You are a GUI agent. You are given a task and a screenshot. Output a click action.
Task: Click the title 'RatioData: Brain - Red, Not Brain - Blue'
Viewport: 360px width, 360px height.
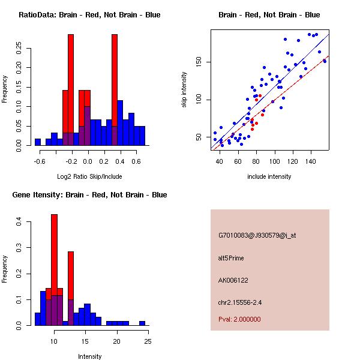point(89,14)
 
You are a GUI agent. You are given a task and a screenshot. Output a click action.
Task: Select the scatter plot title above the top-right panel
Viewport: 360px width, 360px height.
point(269,14)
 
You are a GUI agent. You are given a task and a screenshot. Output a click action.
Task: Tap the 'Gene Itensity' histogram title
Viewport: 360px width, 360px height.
point(89,194)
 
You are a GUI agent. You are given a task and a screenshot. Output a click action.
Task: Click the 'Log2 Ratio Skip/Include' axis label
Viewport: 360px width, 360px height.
point(89,176)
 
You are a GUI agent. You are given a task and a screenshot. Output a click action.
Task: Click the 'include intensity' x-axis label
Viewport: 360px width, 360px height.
point(269,176)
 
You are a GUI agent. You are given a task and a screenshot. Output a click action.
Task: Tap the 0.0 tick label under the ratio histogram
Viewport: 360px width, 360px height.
point(88,161)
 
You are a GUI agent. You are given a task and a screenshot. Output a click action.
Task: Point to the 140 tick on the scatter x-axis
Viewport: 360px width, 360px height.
point(311,161)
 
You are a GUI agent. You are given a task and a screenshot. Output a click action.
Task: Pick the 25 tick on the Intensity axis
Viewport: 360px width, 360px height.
point(148,341)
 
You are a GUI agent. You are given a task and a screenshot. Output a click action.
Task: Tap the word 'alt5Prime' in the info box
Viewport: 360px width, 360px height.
point(231,258)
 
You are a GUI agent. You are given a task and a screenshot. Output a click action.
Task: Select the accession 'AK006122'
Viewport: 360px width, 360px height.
point(233,280)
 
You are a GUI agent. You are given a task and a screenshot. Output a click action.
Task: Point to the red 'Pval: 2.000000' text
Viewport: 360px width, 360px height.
point(239,319)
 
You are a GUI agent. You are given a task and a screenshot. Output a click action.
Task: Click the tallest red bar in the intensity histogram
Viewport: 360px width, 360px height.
point(54,270)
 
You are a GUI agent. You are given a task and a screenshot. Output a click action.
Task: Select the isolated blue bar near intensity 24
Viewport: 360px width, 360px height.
point(142,323)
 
